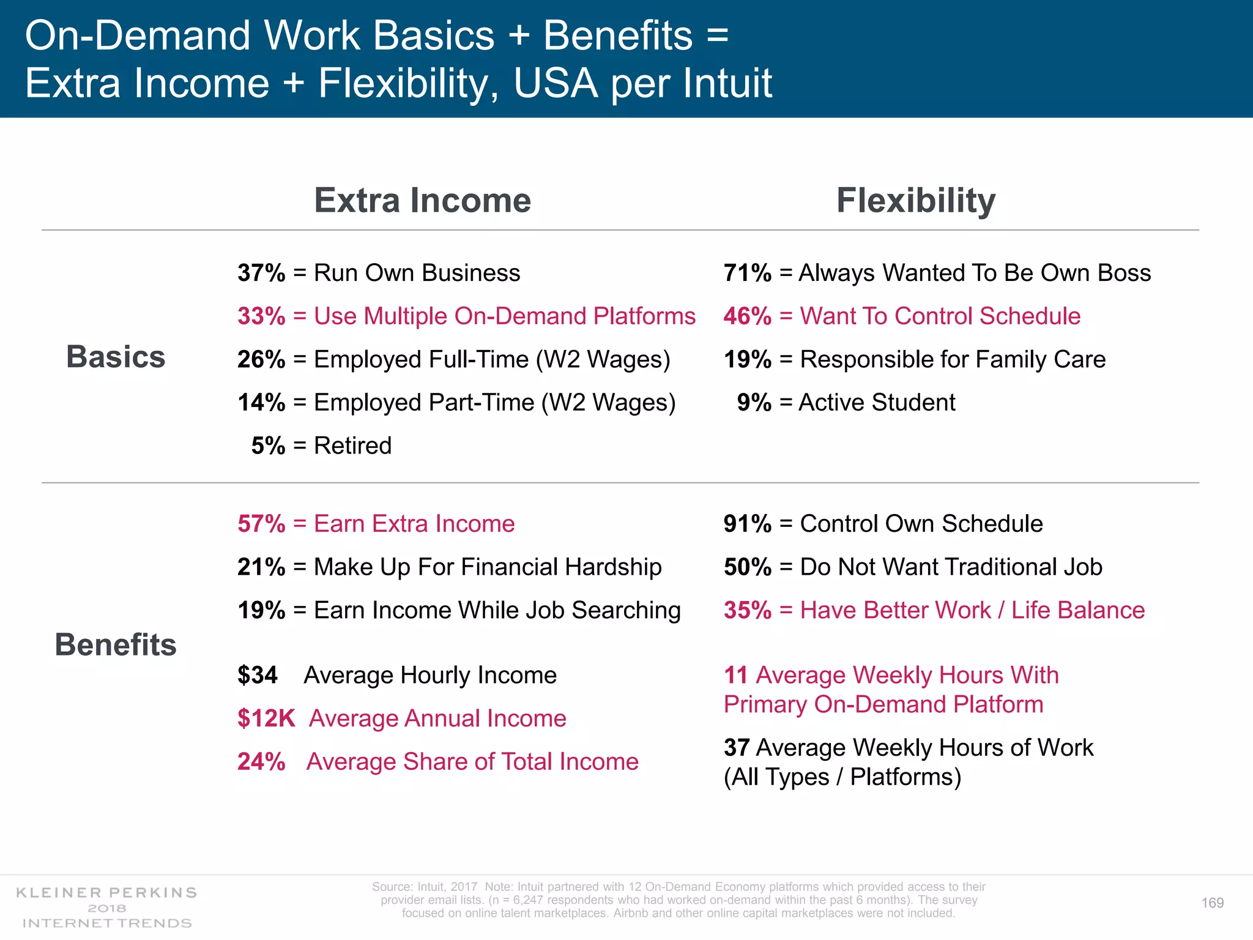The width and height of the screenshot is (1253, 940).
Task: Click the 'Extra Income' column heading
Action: tap(422, 200)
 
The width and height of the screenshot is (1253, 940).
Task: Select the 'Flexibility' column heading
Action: tap(915, 200)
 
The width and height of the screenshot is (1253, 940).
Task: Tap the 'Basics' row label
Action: tap(116, 357)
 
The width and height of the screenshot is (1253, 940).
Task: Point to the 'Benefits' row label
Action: tap(116, 644)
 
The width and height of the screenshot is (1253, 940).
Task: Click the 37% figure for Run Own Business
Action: tap(261, 273)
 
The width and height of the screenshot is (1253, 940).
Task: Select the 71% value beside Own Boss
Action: tap(747, 273)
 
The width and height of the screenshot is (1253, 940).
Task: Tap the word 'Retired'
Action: tap(352, 446)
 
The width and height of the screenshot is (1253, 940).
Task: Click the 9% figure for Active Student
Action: tap(754, 403)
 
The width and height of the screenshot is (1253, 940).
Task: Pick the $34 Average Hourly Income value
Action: tap(258, 675)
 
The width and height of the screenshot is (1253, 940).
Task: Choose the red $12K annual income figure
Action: tap(266, 718)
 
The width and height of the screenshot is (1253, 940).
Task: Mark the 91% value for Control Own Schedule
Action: tap(747, 524)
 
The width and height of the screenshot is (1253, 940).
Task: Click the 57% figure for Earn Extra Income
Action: tap(261, 524)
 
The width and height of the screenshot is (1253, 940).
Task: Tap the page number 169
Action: tap(1212, 903)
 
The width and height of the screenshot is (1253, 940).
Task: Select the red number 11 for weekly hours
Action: tap(736, 675)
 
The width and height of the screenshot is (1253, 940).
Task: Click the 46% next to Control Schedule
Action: tap(747, 316)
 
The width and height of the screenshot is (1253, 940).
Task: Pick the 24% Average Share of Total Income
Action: tap(261, 762)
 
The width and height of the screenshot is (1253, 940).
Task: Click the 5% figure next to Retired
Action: tap(268, 446)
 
